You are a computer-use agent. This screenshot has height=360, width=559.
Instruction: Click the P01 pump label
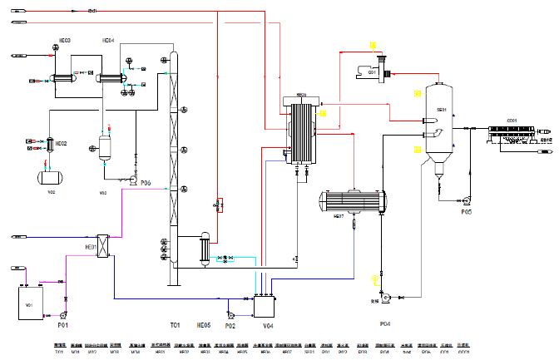62,324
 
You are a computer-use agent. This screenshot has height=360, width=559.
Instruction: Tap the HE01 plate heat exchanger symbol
104,246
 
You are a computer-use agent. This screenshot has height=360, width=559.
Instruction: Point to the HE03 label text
64,41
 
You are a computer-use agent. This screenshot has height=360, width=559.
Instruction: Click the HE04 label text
108,41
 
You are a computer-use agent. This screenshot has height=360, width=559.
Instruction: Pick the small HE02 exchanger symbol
49,145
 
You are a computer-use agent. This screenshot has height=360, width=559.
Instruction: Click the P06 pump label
146,182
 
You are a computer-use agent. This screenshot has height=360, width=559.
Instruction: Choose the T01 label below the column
175,324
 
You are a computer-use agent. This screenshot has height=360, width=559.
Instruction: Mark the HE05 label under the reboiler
204,324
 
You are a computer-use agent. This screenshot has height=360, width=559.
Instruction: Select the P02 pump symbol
234,314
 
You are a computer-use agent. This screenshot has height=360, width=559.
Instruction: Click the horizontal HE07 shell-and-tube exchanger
354,202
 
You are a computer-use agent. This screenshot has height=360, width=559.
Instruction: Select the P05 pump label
467,212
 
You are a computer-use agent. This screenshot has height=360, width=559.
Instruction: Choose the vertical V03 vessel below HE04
106,149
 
